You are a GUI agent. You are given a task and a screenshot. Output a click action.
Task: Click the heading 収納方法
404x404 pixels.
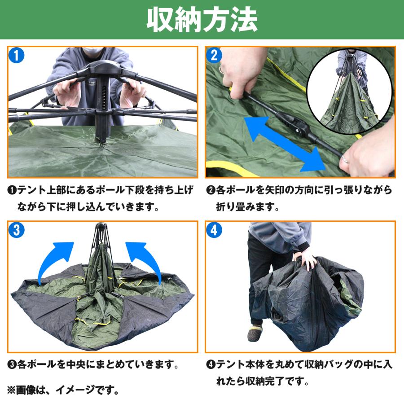tap(202, 19)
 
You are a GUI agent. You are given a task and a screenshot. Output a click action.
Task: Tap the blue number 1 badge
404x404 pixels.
tap(16, 56)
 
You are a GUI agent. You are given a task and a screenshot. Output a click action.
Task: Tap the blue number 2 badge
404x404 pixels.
tap(214, 55)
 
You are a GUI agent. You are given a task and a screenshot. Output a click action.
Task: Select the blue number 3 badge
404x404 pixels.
tap(16, 230)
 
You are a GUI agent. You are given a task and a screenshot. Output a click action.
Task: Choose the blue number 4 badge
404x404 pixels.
tap(214, 230)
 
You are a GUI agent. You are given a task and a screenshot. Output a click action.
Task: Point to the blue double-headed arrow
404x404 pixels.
tap(285, 144)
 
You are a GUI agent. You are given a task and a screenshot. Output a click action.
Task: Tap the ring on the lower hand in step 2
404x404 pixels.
tap(345, 160)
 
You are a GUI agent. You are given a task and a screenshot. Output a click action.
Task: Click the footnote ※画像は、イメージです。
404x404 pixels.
tap(63, 390)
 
